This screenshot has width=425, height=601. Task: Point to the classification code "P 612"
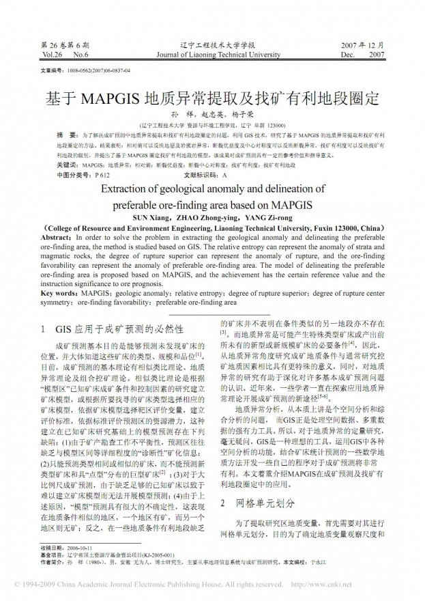(100, 175)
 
